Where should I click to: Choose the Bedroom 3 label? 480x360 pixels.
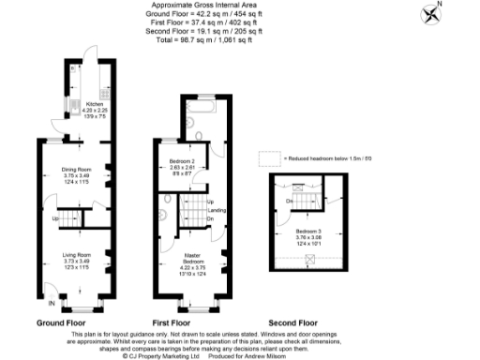pyautogui.click(x=308, y=231)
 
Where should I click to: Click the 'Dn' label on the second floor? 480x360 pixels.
pyautogui.click(x=291, y=201)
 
